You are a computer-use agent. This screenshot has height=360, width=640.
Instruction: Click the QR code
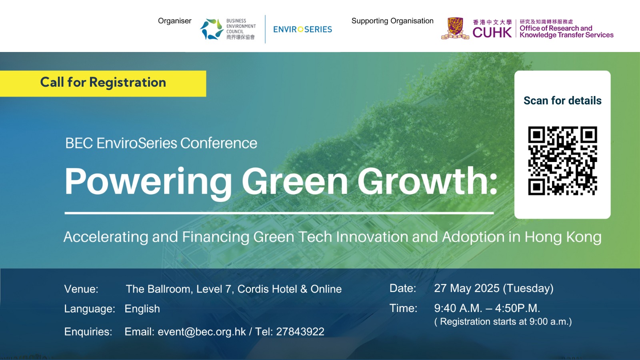pyautogui.click(x=562, y=161)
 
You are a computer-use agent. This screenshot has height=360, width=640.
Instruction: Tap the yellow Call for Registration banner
pyautogui.click(x=103, y=84)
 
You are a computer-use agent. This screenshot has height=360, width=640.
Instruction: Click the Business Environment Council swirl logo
pyautogui.click(x=212, y=29)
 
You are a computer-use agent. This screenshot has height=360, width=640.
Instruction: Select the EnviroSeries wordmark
pyautogui.click(x=302, y=29)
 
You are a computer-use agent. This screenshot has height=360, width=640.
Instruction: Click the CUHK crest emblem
pyautogui.click(x=455, y=28)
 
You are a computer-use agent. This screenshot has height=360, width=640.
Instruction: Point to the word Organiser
pyautogui.click(x=174, y=21)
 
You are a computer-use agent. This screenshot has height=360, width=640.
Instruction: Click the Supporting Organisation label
pyautogui.click(x=392, y=21)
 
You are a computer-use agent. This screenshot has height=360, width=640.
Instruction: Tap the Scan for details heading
pyautogui.click(x=562, y=100)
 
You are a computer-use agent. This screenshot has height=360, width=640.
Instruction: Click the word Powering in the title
pyautogui.click(x=148, y=182)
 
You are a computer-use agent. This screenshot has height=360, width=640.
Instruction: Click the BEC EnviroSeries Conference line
pyautogui.click(x=161, y=143)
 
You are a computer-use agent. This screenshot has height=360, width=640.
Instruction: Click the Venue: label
pyautogui.click(x=81, y=289)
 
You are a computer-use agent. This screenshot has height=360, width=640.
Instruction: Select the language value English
pyautogui.click(x=142, y=308)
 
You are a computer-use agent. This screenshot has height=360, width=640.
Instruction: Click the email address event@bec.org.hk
pyautogui.click(x=202, y=332)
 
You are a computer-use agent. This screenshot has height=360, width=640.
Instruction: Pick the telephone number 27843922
pyautogui.click(x=300, y=332)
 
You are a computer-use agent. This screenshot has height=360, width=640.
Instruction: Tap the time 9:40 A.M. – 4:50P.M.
pyautogui.click(x=487, y=308)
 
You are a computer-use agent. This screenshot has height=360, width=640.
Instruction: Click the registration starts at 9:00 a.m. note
pyautogui.click(x=503, y=322)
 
